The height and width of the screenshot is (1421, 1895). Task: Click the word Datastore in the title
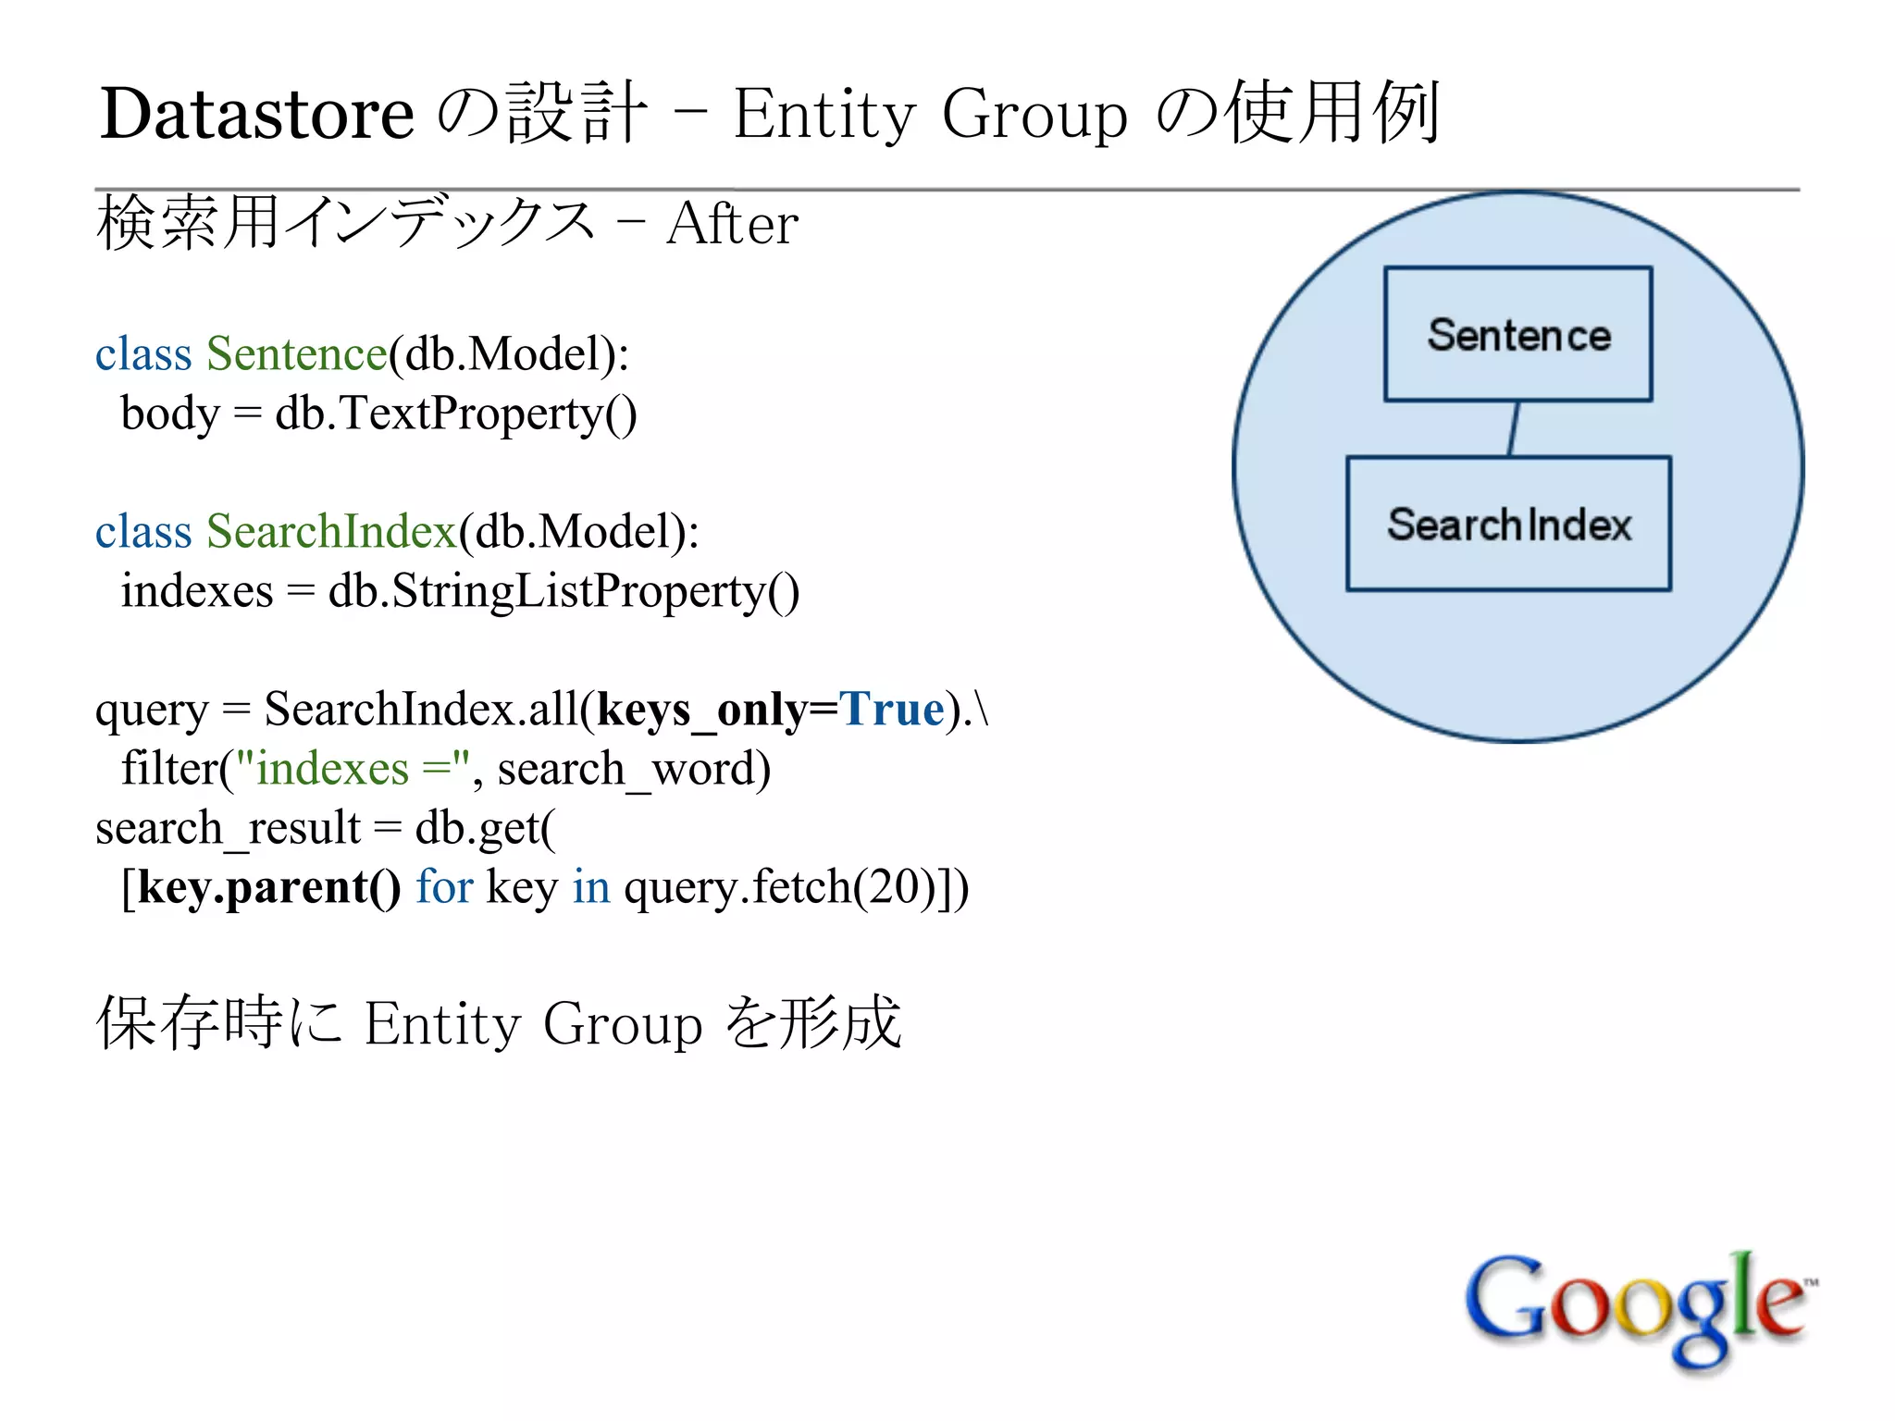point(256,114)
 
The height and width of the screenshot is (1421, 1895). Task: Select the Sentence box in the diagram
point(1517,334)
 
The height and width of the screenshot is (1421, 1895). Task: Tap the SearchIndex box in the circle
point(1508,524)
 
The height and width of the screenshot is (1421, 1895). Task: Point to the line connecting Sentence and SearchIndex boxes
point(1514,428)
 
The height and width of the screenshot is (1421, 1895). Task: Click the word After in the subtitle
point(732,224)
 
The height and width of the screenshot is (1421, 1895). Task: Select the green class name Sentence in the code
point(297,353)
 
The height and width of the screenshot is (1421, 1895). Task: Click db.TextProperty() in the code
point(456,413)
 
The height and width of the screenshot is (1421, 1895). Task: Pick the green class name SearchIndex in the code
point(331,531)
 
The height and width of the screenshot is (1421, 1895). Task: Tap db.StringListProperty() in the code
point(564,590)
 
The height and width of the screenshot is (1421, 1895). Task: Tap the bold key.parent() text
point(269,887)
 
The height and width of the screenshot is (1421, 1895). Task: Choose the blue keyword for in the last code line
point(444,886)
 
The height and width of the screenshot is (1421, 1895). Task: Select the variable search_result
point(228,828)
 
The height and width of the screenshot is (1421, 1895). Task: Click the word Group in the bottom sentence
point(623,1024)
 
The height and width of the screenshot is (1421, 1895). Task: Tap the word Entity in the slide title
point(824,114)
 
